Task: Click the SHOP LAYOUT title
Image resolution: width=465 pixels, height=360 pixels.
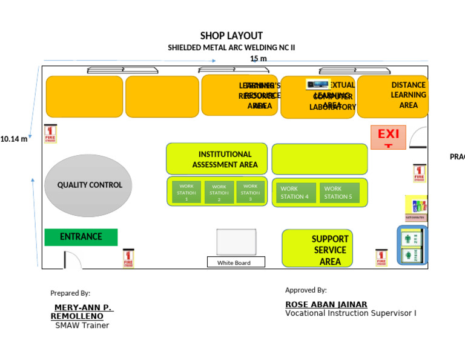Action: (231, 36)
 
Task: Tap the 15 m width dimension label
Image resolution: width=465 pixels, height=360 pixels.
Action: (259, 59)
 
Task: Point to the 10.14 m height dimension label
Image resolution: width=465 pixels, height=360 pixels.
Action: (14, 139)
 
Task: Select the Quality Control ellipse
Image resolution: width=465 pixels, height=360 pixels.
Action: (88, 185)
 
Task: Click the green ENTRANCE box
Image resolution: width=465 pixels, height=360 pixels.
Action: (81, 237)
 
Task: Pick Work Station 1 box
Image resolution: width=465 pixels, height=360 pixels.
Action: (186, 192)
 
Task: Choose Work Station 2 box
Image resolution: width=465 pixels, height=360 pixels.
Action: (219, 193)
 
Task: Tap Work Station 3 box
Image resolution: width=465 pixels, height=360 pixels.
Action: (250, 192)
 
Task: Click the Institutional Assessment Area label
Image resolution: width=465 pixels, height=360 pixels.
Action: (225, 159)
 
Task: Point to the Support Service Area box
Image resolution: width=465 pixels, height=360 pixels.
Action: (318, 249)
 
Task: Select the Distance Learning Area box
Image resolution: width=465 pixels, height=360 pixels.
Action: (393, 96)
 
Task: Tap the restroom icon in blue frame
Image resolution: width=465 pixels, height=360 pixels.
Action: (412, 245)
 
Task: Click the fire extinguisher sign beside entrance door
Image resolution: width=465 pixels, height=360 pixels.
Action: (128, 258)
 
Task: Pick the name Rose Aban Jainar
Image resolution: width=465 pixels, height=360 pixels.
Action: (326, 304)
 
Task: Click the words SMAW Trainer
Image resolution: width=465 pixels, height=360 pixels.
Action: (82, 325)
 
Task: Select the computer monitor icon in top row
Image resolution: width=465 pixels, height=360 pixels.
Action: (318, 85)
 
